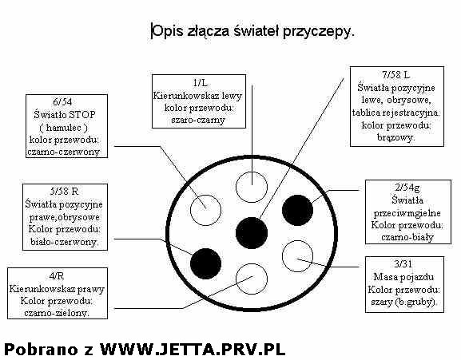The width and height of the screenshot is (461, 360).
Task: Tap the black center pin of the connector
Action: click(x=252, y=233)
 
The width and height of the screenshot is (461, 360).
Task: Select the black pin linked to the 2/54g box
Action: click(x=297, y=210)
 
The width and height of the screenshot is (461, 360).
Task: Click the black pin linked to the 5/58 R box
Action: click(x=205, y=263)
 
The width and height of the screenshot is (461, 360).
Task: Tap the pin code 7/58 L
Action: click(x=396, y=75)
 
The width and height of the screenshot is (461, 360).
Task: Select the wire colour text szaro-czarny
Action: click(x=198, y=120)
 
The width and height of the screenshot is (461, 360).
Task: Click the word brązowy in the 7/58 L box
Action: click(x=395, y=137)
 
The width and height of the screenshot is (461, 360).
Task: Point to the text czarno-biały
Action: click(x=407, y=237)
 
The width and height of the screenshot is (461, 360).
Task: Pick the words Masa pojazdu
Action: click(x=403, y=277)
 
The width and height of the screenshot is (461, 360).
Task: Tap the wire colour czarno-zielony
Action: click(x=57, y=313)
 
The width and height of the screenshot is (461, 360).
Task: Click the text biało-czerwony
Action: click(x=65, y=242)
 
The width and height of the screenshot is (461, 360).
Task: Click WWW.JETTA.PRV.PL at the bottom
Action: click(x=193, y=349)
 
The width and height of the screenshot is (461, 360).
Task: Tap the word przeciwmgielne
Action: click(x=407, y=213)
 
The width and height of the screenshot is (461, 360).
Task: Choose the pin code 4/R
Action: click(x=57, y=275)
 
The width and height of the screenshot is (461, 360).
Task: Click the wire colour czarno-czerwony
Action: click(x=64, y=152)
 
